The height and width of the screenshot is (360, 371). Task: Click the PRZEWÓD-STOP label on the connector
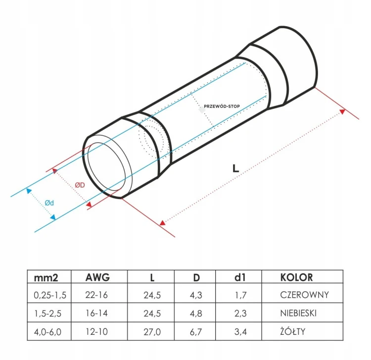coord(222,106)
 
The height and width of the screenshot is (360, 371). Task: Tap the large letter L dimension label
coord(235,168)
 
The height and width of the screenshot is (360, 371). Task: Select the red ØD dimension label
coord(80,185)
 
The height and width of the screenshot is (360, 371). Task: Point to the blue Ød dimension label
coord(49,203)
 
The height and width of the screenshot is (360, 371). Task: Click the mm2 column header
coord(46,278)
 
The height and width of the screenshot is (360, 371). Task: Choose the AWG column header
coord(97,277)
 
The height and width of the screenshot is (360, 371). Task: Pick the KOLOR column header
coord(296,277)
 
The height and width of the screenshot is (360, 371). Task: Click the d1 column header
coord(240,277)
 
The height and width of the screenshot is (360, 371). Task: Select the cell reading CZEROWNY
coord(305,295)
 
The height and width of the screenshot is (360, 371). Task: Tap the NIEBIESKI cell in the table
coord(298,313)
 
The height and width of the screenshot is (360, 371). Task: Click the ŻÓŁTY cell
coord(293,331)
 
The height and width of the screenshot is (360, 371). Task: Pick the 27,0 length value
coord(152,332)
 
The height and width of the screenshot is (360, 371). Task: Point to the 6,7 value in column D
coord(196,332)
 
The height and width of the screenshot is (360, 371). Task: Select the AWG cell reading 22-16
coord(96,295)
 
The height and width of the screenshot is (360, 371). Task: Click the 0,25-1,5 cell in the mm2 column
coord(50,295)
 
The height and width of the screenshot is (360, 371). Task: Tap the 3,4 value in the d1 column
coord(240,332)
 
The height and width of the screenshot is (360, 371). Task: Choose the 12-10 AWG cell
coord(96,332)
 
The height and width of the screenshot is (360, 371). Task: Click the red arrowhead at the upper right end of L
coord(342,111)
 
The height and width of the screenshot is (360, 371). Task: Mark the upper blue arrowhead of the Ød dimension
coord(29,191)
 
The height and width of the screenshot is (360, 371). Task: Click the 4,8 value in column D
coord(196,313)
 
